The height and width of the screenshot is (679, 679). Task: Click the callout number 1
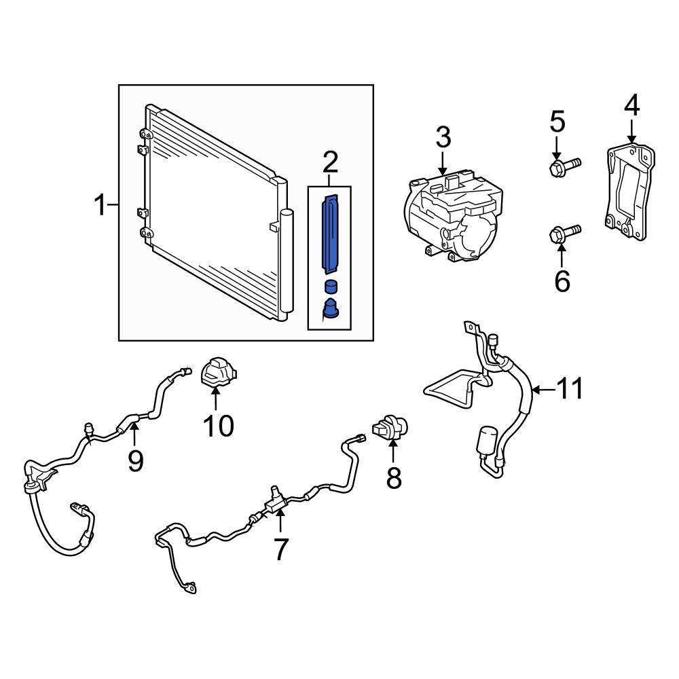[100, 205]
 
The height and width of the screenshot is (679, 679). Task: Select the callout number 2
[330, 162]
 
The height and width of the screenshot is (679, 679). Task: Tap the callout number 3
[443, 137]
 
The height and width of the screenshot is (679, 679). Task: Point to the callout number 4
[631, 105]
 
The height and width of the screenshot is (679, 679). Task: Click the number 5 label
[557, 122]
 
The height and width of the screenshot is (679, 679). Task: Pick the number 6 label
[562, 281]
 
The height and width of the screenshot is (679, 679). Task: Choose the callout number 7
[280, 549]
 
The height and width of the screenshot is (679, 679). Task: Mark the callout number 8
[394, 478]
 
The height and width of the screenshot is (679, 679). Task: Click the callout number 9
[135, 460]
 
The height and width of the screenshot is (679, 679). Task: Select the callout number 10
[219, 426]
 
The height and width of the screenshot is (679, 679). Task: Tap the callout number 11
[570, 388]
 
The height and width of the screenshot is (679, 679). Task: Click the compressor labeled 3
[453, 217]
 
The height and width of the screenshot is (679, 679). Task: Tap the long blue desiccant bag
[331, 234]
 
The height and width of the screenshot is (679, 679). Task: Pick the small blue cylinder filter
[331, 287]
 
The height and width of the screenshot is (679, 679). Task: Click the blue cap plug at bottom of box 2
[331, 308]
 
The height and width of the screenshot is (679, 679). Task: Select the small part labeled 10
[219, 371]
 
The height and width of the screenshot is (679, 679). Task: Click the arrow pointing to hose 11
[543, 390]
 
